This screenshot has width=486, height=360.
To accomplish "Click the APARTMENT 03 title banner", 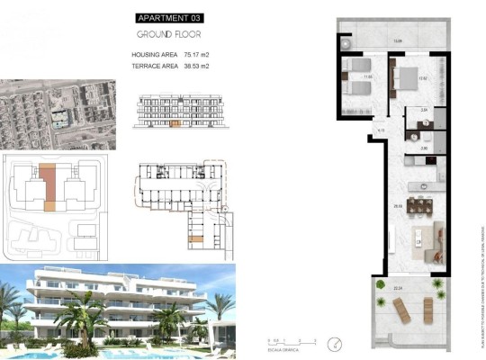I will pyautogui.click(x=169, y=17).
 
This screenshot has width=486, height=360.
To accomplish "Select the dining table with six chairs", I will pyautogui.click(x=419, y=206).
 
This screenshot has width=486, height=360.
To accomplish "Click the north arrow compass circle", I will pyautogui.click(x=336, y=343).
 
